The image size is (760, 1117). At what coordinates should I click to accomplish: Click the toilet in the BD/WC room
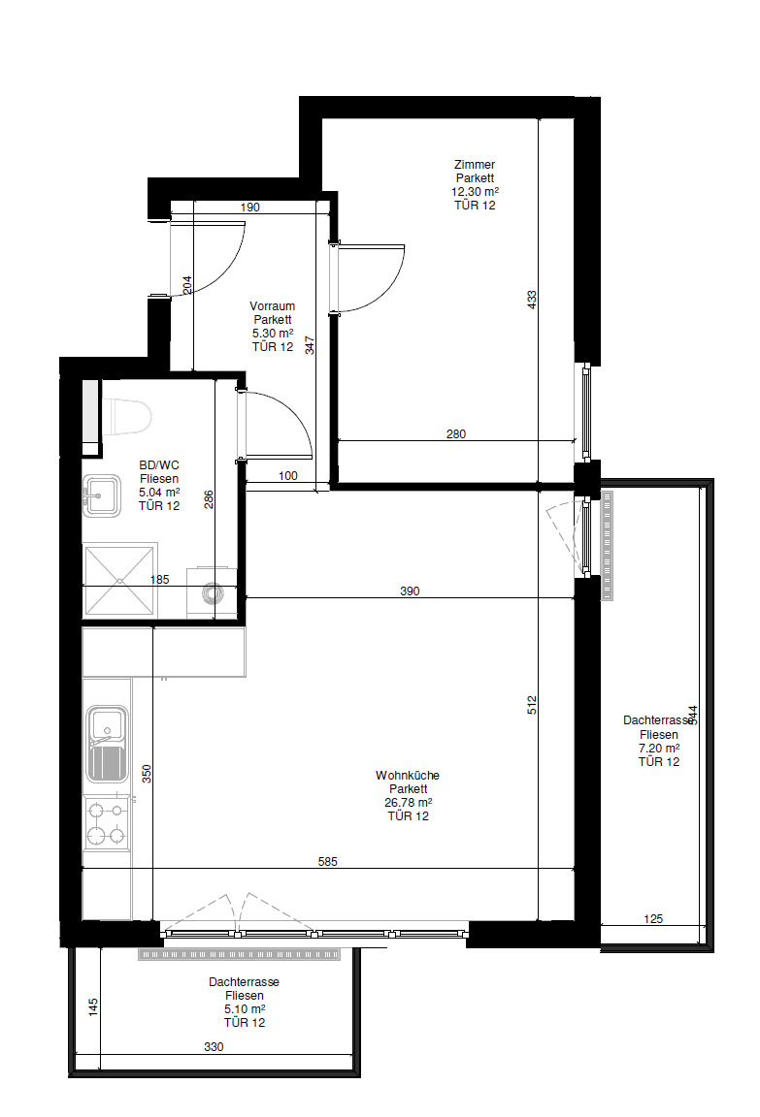point(127,417)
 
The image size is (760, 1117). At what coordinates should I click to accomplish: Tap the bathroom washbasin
point(101,495)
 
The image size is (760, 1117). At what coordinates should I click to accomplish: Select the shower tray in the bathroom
point(119,580)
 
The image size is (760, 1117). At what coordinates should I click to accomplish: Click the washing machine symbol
point(211,591)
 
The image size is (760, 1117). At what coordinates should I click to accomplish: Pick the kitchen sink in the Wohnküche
point(107,744)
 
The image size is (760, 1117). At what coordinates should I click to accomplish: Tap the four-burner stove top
point(107,823)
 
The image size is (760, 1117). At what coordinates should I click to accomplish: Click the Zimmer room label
point(475,165)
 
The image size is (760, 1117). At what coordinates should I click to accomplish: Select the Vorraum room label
point(273,306)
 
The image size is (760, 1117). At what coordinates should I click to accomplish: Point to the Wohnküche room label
point(408,775)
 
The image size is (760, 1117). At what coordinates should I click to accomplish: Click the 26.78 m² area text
point(409,802)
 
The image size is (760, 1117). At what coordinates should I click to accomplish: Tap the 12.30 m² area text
point(475,192)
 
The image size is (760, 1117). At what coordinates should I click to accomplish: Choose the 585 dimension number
point(328,861)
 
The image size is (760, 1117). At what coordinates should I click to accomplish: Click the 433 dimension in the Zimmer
point(532,300)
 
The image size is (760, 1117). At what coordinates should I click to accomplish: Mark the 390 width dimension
point(410,590)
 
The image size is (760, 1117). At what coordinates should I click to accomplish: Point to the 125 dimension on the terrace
point(653,918)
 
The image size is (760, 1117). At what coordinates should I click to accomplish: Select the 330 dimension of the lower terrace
point(214,1046)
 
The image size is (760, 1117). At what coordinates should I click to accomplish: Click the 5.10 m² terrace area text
point(245,1008)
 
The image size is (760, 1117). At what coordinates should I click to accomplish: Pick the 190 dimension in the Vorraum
point(250,207)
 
